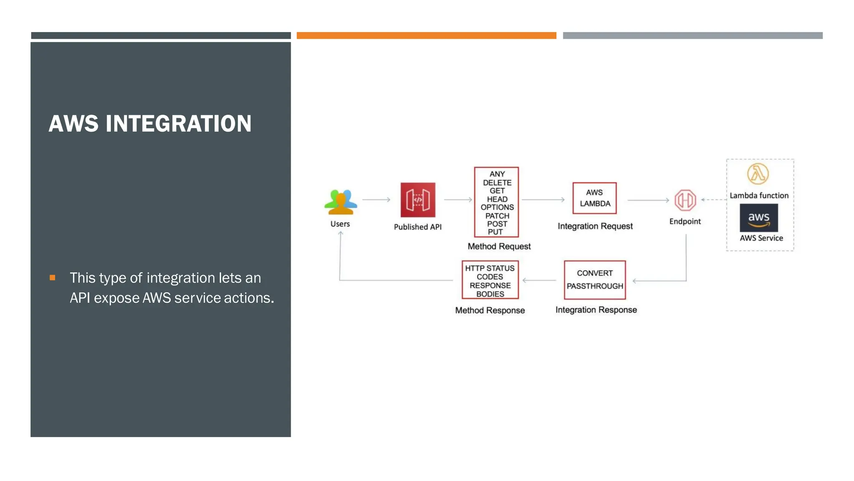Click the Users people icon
341,202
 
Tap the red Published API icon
418,200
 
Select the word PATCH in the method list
497,216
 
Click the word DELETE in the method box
497,182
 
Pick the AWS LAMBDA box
595,198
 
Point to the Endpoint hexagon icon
685,200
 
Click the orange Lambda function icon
758,174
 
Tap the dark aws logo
759,218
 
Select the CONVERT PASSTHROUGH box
595,280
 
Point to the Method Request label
499,246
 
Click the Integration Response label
596,310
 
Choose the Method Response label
490,310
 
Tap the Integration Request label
595,226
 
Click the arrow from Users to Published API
376,200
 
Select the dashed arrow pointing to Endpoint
713,200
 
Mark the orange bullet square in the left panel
53,278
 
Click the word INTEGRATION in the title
178,124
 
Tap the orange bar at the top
426,35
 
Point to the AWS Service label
761,238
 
